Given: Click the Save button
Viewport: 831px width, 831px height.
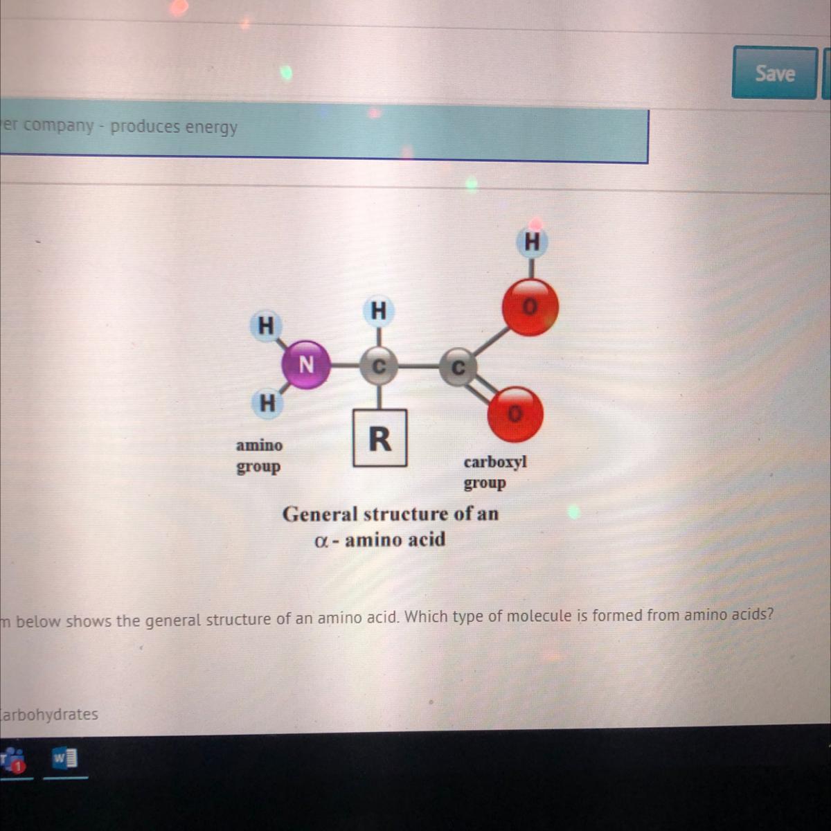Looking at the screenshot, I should [x=774, y=73].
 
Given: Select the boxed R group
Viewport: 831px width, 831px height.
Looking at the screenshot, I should [x=379, y=438].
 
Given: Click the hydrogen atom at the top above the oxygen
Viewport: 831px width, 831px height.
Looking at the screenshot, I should [x=532, y=242].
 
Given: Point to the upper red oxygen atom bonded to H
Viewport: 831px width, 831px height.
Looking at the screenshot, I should [x=530, y=307].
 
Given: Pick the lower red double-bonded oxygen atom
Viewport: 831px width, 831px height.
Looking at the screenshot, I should [x=515, y=414].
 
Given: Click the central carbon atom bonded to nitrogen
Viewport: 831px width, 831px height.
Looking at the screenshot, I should [x=379, y=365].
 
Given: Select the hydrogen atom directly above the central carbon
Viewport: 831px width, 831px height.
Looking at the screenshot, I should [x=378, y=311].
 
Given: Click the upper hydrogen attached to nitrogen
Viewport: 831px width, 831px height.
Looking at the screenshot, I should [x=265, y=325].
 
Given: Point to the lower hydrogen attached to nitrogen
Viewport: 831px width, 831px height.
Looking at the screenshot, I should [x=267, y=402].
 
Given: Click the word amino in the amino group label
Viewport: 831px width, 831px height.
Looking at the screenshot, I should [x=259, y=445].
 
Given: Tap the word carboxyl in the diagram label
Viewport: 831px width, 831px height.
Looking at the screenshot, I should [x=495, y=462].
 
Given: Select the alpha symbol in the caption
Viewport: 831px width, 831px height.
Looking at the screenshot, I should [x=321, y=540].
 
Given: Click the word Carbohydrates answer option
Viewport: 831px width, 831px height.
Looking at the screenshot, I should [x=48, y=714].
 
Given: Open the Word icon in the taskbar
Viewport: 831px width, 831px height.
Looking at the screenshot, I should [x=66, y=759].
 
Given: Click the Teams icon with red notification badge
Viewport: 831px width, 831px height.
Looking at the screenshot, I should [x=13, y=760].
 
